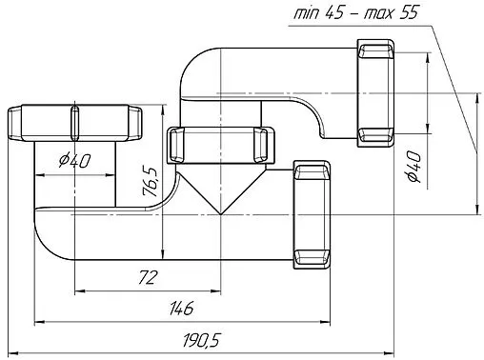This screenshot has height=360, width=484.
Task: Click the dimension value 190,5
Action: point(201,340)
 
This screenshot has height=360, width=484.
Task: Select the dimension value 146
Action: point(181,309)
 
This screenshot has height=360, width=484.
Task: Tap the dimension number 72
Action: point(148,277)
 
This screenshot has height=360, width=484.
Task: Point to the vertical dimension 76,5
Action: point(151,181)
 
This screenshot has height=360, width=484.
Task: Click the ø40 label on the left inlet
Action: point(75,160)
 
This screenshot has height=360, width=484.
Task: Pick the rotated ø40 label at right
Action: point(414,167)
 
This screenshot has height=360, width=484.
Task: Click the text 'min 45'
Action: point(318,12)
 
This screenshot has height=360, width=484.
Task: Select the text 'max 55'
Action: point(392,12)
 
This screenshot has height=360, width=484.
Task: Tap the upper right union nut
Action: point(375,93)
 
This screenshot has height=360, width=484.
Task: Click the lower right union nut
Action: point(312,214)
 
